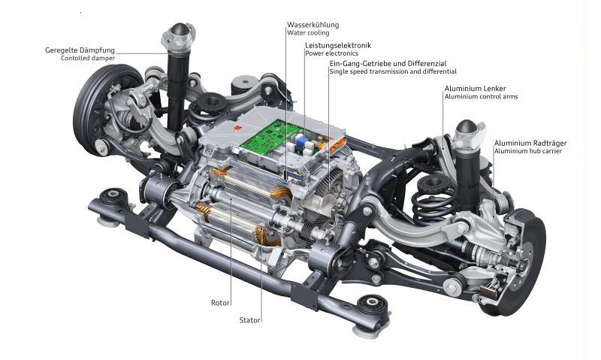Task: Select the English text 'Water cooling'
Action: click(308, 33)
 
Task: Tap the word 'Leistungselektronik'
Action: click(337, 46)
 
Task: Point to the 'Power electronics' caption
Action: click(331, 54)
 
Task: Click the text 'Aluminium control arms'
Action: click(481, 97)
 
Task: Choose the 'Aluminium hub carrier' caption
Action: click(527, 151)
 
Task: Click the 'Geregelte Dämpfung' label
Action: click(80, 50)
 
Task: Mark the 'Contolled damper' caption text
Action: click(88, 59)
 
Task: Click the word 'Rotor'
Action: click(220, 304)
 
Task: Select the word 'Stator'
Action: click(250, 320)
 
